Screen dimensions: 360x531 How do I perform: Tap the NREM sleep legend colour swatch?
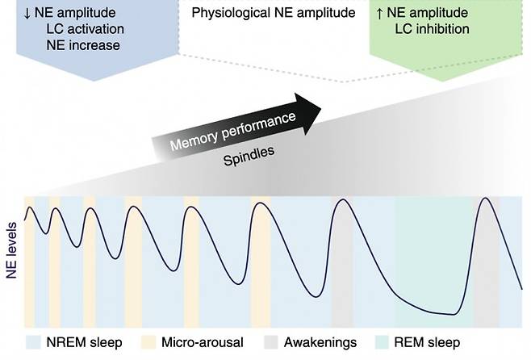click(x=32, y=342)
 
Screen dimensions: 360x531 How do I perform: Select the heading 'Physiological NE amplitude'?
click(x=262, y=13)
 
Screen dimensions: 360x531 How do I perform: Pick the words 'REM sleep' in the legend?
click(x=433, y=342)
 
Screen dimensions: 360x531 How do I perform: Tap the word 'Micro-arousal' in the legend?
click(x=201, y=342)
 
